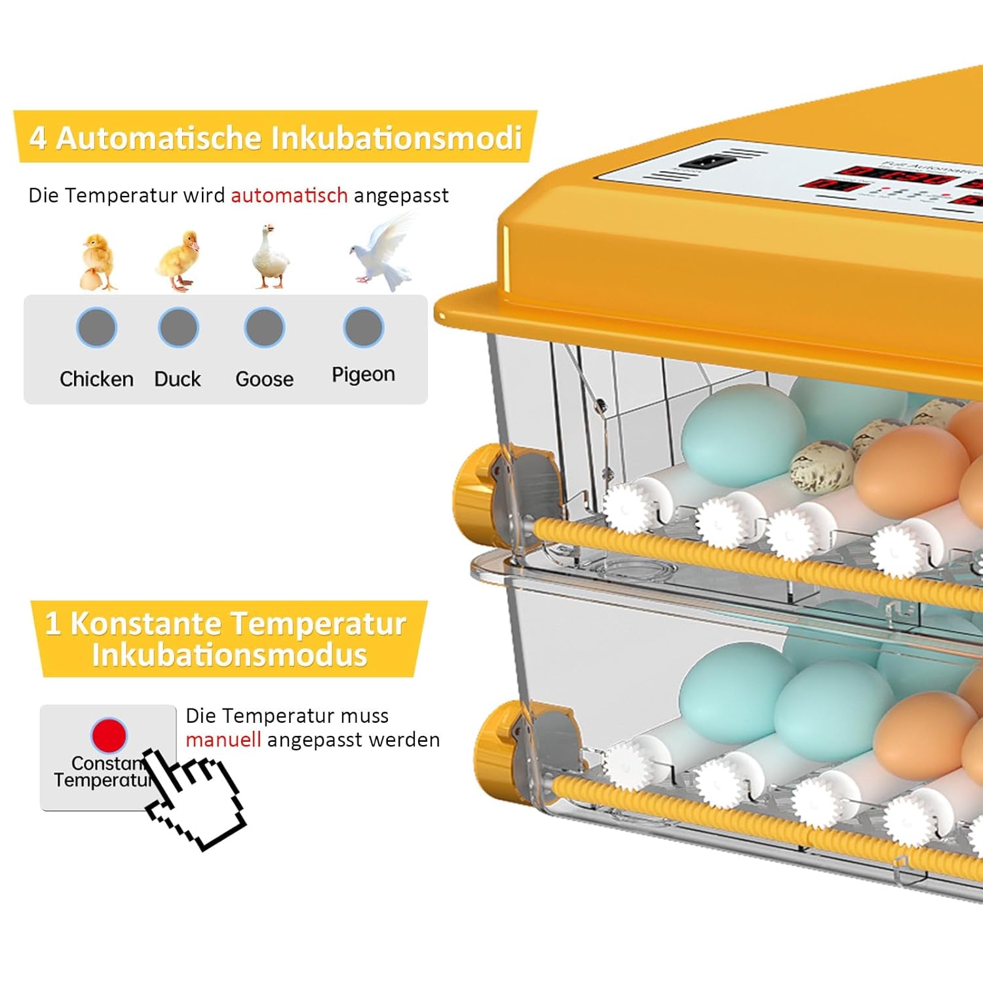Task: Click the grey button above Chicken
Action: [96, 327]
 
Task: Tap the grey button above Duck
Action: [178, 327]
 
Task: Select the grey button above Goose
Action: [264, 327]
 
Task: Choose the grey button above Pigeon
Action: [364, 327]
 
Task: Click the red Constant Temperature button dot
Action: [109, 735]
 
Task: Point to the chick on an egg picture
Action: [97, 262]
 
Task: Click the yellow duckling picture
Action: [178, 261]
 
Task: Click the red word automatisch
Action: [289, 195]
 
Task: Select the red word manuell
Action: [223, 740]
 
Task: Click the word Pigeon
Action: [363, 374]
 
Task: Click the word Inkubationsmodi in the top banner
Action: [396, 138]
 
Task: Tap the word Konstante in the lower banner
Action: [145, 623]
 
